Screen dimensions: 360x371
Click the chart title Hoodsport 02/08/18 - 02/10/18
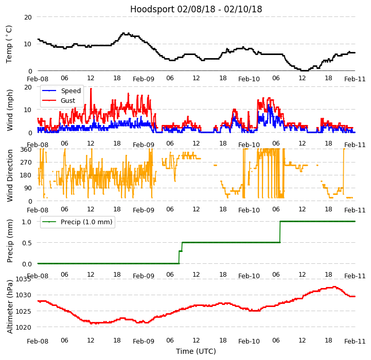click(x=196, y=9)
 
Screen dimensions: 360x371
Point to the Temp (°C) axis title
click(x=9, y=44)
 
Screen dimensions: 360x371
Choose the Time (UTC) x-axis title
click(x=196, y=351)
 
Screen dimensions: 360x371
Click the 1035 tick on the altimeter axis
click(x=23, y=279)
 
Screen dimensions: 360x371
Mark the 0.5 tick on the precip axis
click(x=27, y=243)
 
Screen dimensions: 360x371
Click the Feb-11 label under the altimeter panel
click(x=355, y=341)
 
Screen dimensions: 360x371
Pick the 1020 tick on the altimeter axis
click(x=23, y=327)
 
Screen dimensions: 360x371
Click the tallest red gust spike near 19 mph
click(x=91, y=89)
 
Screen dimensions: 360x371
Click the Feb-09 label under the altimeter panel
click(x=144, y=341)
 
